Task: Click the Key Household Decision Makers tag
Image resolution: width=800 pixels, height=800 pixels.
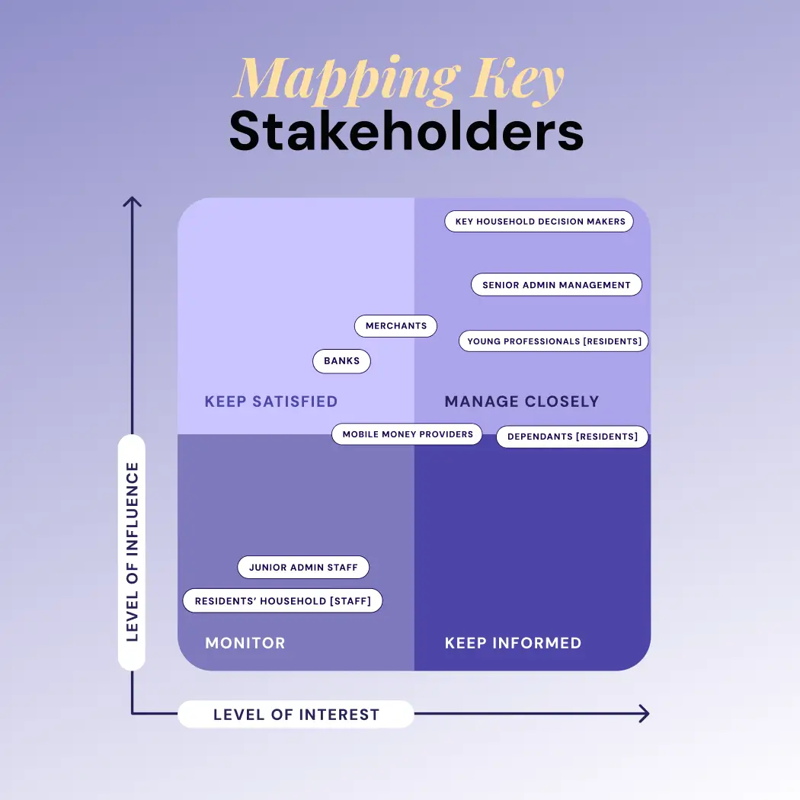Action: point(539,222)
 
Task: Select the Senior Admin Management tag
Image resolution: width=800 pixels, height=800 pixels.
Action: point(556,285)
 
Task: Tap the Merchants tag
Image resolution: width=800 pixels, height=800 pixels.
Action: point(396,326)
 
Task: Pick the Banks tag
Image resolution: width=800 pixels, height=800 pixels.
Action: point(342,361)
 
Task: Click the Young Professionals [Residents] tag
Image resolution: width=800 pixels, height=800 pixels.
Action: point(554,341)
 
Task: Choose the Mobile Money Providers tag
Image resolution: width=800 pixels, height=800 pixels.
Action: point(407,434)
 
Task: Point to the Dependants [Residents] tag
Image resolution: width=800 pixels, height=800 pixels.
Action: point(572,437)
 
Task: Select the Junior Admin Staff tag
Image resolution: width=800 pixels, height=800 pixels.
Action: point(303,568)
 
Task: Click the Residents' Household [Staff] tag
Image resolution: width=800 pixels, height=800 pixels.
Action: point(283,600)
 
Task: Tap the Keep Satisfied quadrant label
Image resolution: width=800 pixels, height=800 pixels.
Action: point(271,402)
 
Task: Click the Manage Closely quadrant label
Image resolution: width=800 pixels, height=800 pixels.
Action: point(522,402)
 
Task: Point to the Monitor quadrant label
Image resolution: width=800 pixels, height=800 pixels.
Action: point(245,643)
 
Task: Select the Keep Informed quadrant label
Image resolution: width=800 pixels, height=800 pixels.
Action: point(513,643)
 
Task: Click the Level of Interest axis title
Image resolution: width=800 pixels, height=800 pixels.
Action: point(296,715)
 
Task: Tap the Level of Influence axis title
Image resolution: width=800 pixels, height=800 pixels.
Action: point(132,552)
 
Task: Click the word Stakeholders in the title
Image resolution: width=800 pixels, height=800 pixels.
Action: point(406,131)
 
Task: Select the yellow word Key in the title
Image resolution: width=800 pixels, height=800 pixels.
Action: point(517,79)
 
